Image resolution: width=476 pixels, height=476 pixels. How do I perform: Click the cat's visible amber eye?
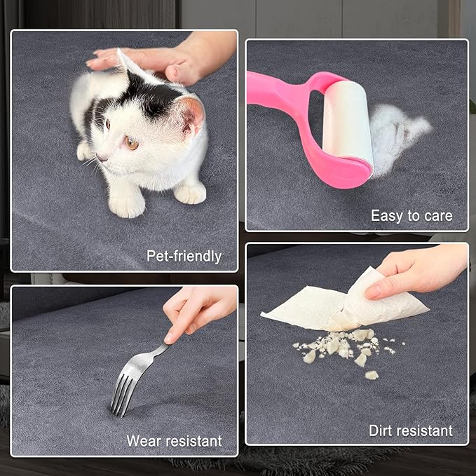pos(132,143)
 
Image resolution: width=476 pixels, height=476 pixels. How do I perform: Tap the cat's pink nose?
pos(100,158)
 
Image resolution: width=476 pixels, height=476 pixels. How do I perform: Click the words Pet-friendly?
pos(184,257)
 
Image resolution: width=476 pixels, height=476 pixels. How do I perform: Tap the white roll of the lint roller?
pos(348,122)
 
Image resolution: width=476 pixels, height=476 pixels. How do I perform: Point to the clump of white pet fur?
pos(397,137)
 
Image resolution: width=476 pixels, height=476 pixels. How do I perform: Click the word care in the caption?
pos(438,216)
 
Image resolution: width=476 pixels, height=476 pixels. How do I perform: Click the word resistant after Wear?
pos(193,441)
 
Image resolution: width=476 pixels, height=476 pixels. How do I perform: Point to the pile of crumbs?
pos(346,349)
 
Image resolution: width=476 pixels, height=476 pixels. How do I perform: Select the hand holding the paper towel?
pos(416,273)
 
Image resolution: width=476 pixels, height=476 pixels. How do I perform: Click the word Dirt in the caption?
pos(380,430)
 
